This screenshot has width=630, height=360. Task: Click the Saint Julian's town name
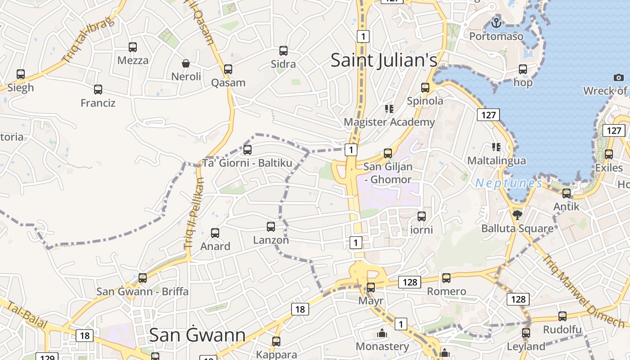pyautogui.click(x=384, y=60)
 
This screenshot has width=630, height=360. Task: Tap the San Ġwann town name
pyautogui.click(x=197, y=335)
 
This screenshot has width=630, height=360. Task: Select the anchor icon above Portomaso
pyautogui.click(x=496, y=22)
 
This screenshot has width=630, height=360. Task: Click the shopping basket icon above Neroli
pyautogui.click(x=185, y=63)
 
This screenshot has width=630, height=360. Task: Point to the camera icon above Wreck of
pyautogui.click(x=618, y=77)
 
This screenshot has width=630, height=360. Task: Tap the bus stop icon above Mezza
pyautogui.click(x=133, y=47)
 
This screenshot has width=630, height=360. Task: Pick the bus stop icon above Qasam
pyautogui.click(x=228, y=69)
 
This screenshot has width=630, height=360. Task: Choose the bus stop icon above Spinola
pyautogui.click(x=425, y=87)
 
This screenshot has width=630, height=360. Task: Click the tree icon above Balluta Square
pyautogui.click(x=517, y=215)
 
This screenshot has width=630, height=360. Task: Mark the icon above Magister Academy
pyautogui.click(x=389, y=108)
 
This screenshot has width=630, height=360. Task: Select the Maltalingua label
pyautogui.click(x=496, y=161)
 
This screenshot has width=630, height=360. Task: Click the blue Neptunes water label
pyautogui.click(x=508, y=183)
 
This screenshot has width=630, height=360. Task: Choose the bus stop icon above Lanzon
pyautogui.click(x=271, y=226)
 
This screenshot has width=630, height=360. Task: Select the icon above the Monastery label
pyautogui.click(x=382, y=333)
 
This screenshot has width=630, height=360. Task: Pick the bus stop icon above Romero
pyautogui.click(x=446, y=278)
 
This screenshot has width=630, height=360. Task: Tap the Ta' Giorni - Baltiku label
pyautogui.click(x=247, y=163)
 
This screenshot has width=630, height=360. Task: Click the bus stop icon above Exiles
pyautogui.click(x=609, y=154)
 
